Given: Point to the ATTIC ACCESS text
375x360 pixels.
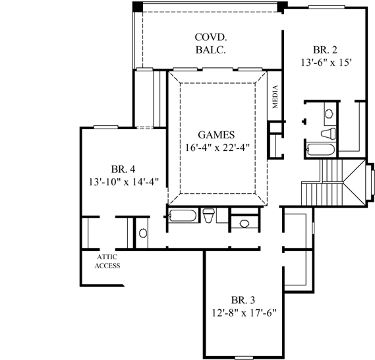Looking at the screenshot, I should pos(107,261).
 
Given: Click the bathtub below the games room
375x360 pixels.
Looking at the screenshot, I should pos(181,216).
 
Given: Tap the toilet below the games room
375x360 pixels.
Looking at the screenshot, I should pos(209,216).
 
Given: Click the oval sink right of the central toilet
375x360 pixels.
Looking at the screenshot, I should pos(245,224).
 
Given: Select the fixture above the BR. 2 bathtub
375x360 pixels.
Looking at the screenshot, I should pos(329,117).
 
